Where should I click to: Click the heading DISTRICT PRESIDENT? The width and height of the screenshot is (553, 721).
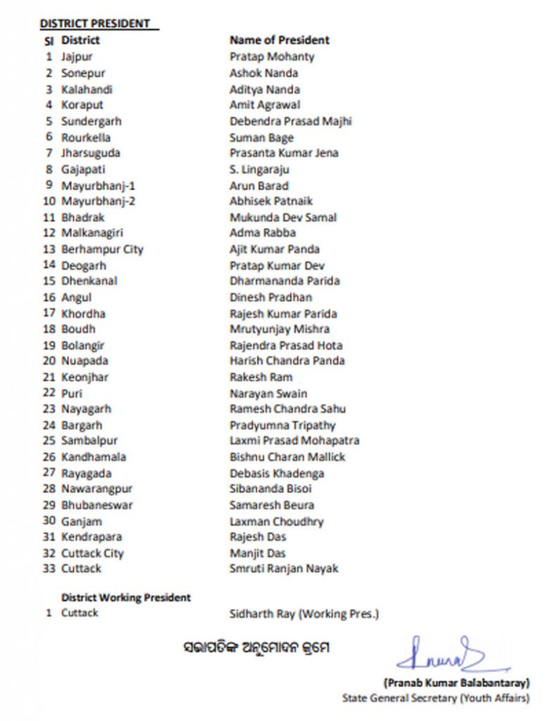95,23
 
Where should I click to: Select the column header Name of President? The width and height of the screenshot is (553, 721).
279,40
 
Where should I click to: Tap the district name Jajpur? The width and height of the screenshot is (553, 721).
77,56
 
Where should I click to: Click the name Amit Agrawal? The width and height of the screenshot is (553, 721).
265,105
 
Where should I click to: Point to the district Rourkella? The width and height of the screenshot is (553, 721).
86,137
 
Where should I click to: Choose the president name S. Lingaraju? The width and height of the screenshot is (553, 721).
259,169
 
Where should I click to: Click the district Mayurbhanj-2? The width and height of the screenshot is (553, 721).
94,201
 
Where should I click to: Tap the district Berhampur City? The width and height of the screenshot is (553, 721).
102,249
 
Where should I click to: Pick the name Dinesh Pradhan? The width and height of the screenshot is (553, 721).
271,297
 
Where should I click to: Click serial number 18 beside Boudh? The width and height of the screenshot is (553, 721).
49,329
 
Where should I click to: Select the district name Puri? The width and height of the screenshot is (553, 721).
72,393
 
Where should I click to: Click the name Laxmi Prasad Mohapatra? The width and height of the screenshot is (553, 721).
294,441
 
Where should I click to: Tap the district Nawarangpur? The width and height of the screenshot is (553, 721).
97,489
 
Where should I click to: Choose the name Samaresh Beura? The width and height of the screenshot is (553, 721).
272,505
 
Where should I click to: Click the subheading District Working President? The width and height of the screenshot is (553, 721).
126,597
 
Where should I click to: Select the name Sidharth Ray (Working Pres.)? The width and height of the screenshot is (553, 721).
304,613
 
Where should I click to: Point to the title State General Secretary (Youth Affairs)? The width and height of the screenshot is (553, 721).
436,698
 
